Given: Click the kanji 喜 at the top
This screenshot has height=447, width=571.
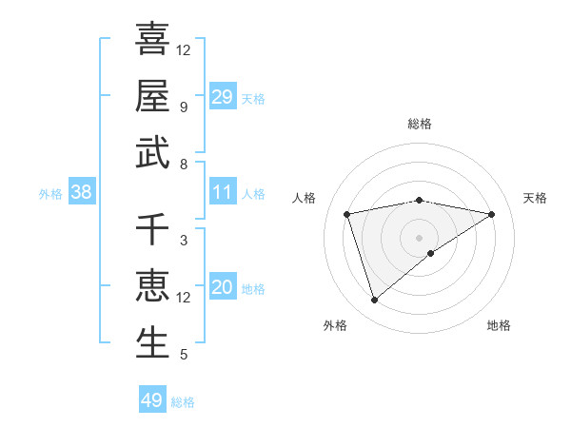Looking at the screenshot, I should pos(152,38).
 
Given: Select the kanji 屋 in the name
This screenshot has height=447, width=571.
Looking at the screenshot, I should pos(152,96).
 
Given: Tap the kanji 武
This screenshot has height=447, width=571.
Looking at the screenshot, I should pos(152,154).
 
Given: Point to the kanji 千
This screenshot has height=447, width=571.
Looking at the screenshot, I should pos(152,229).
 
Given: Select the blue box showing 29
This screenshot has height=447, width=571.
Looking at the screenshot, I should pos(223,96).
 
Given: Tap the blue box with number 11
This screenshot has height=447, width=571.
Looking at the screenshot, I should pos(223,192).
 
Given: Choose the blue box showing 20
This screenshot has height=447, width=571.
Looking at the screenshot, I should pos(223,287).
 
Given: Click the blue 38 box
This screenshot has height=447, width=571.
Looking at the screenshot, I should pos(82,192).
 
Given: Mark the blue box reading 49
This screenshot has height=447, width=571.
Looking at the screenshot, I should pos(152,400).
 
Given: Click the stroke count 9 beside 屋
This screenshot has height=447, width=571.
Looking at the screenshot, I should pos(184,107).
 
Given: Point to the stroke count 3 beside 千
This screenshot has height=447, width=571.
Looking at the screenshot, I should pos(184,241).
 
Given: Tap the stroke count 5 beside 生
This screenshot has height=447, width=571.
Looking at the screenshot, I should pos(184,356).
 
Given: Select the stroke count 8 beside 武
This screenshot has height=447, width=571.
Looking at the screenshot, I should pos(184,165).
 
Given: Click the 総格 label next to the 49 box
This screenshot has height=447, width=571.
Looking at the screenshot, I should pos(184,402).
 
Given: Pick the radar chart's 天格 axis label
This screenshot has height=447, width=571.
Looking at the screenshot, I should pos(536,198).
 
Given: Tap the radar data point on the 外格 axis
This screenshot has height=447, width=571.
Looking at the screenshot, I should pos(374,301).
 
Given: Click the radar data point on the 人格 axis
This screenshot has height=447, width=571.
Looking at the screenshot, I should pos(348,214).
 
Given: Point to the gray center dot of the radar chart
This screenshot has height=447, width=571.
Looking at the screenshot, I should pos(420,237).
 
